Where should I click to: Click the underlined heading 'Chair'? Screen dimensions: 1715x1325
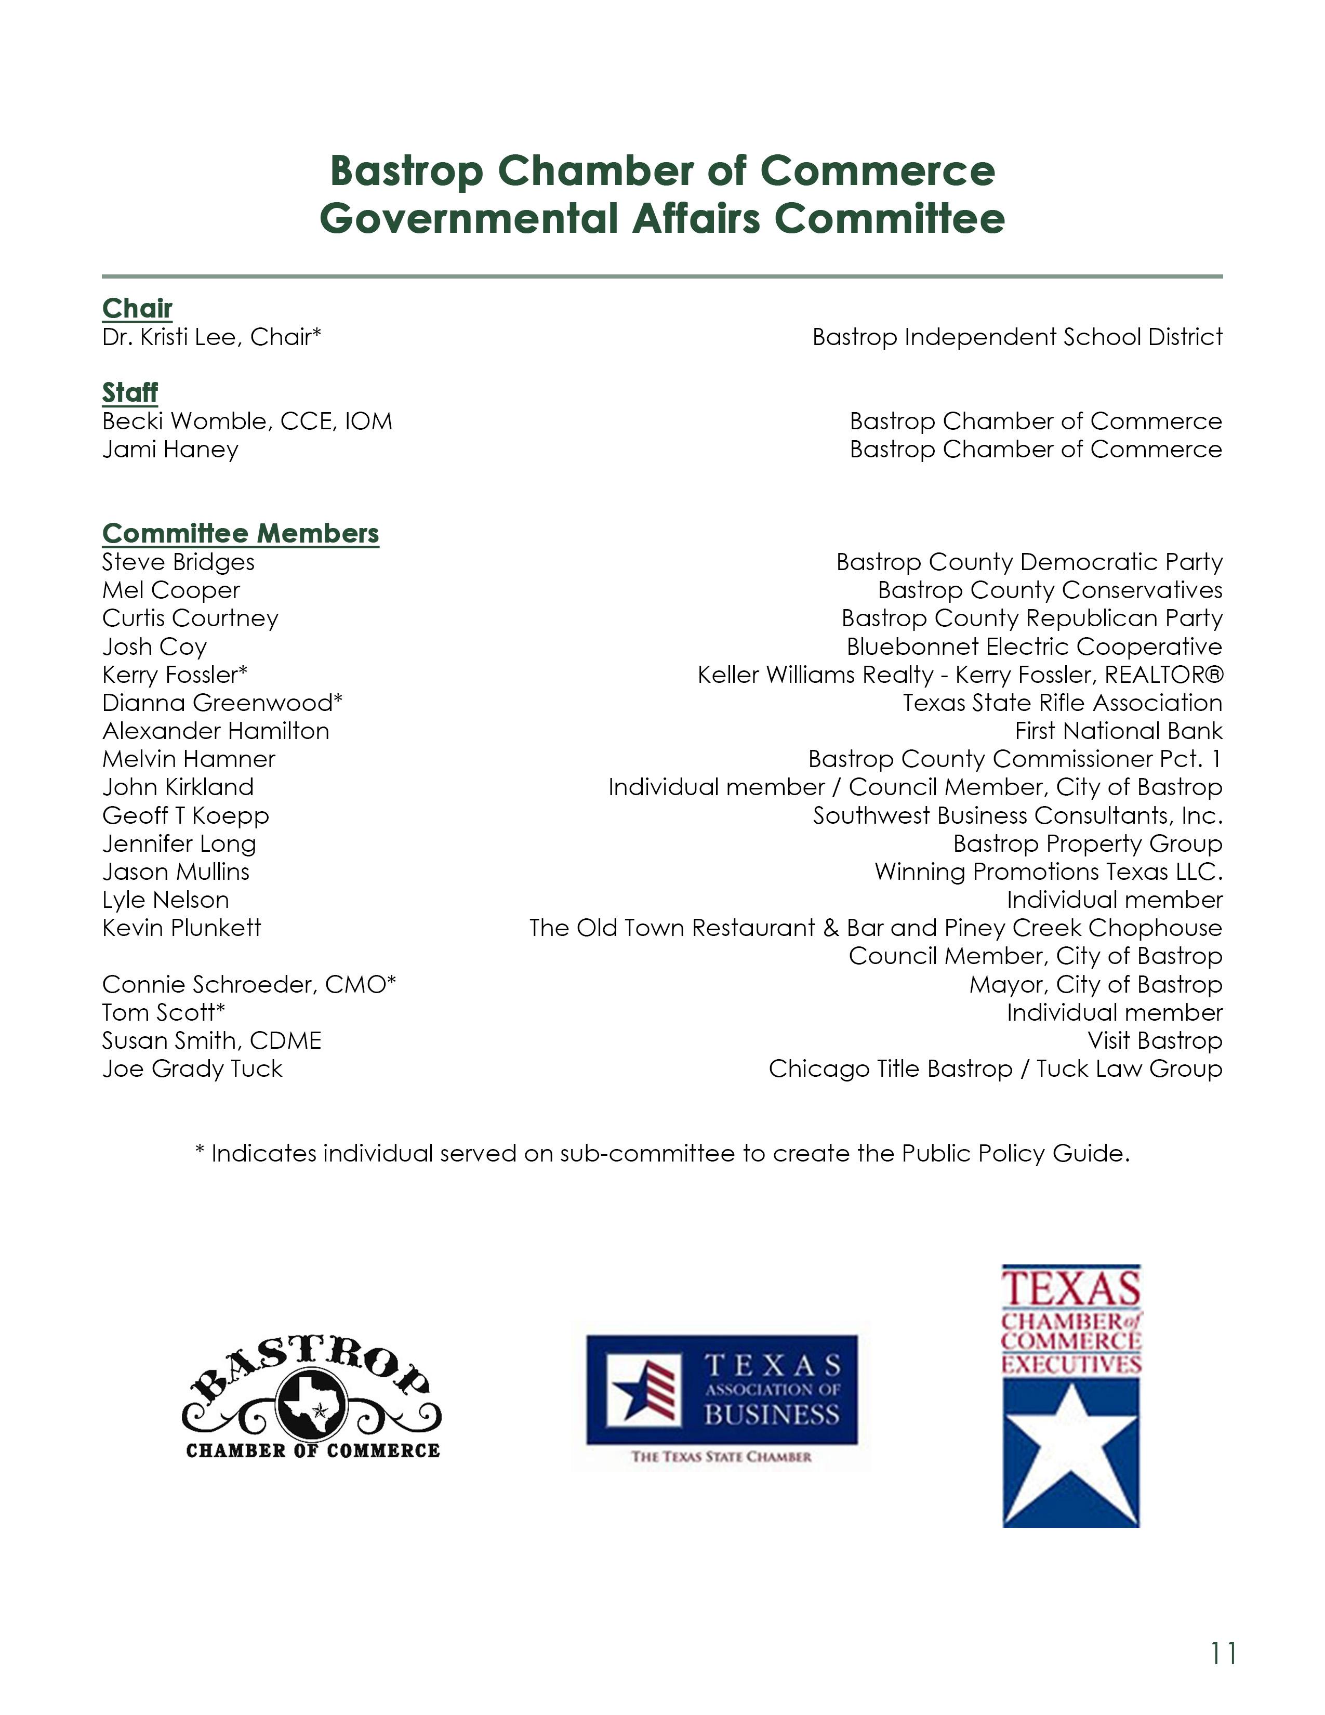[137, 309]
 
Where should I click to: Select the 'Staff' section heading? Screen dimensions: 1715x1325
[129, 392]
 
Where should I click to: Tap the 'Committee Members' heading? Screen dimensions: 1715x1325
[240, 533]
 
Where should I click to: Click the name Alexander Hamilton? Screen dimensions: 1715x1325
[216, 731]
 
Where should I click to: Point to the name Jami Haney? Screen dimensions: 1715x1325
[170, 449]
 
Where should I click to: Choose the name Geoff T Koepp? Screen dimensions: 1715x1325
[186, 816]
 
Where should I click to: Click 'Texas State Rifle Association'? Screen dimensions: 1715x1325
[1062, 703]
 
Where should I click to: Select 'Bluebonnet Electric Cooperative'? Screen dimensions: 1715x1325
[1034, 647]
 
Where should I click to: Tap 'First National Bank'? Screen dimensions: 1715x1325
[1119, 731]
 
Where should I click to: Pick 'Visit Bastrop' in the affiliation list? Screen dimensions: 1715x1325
[1155, 1040]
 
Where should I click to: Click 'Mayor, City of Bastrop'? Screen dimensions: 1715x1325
[1096, 984]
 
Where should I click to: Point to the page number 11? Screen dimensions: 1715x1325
[1223, 1653]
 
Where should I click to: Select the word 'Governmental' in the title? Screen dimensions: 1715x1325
[469, 218]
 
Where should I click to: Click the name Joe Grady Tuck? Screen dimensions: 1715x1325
[192, 1068]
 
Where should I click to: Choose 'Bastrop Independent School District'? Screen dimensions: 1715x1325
[1017, 337]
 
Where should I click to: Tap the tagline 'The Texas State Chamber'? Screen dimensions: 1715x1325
[721, 1457]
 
